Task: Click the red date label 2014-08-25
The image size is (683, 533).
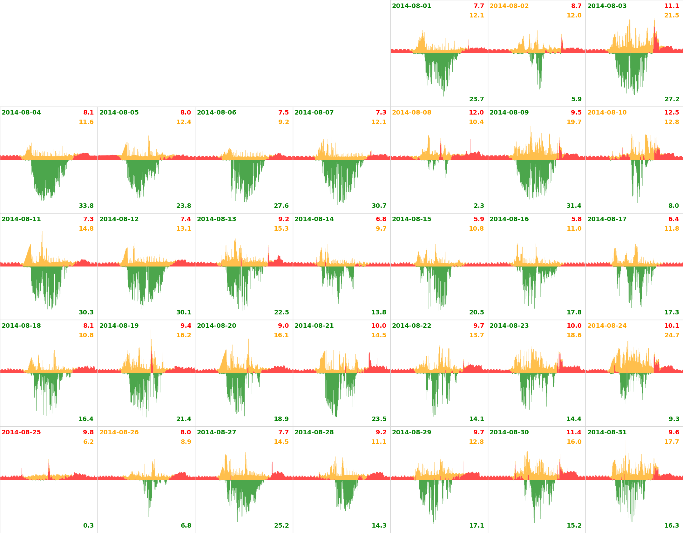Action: click(21, 432)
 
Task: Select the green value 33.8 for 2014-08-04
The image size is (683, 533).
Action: click(86, 206)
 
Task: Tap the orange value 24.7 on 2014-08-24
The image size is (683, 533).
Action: click(672, 335)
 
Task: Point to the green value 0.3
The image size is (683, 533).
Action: click(88, 526)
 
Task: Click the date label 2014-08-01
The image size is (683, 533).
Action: click(411, 6)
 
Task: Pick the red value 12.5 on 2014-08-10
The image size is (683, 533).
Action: click(672, 113)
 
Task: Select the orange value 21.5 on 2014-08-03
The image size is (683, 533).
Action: click(672, 16)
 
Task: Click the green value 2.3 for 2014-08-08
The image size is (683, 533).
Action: click(479, 206)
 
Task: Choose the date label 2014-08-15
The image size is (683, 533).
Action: click(411, 219)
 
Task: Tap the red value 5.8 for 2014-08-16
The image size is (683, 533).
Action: click(576, 219)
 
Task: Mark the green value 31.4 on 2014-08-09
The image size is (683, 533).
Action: click(574, 206)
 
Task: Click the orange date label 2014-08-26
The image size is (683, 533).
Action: click(119, 432)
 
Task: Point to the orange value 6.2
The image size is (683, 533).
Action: click(88, 442)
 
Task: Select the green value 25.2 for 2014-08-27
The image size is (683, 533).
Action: click(281, 526)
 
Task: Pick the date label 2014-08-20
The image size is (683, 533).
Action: click(216, 326)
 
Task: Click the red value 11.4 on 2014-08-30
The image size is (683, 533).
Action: click(574, 432)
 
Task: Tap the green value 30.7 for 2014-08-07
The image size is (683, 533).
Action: click(379, 206)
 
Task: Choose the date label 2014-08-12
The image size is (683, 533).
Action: click(119, 219)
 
